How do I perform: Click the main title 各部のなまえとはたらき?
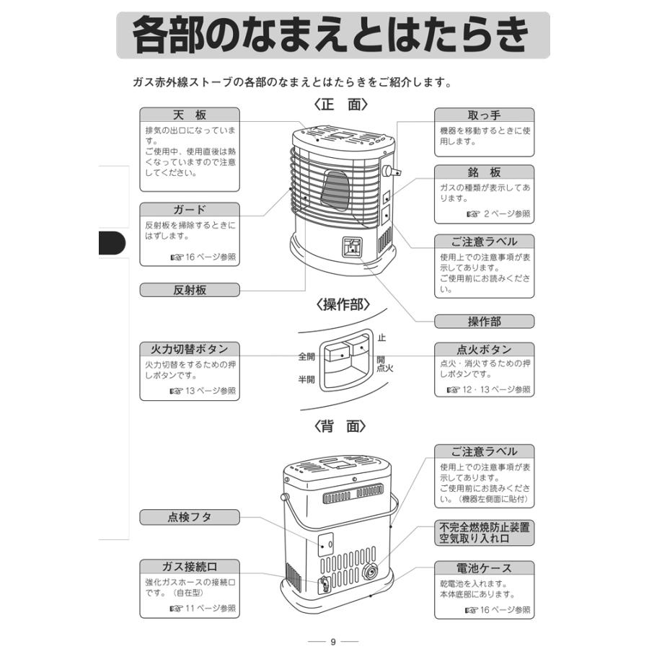click(x=332, y=35)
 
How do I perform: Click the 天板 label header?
click(x=189, y=115)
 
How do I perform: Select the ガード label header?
click(x=189, y=210)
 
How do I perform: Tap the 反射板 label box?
click(x=189, y=290)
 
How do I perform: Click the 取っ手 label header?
click(x=484, y=115)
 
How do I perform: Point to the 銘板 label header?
click(x=484, y=173)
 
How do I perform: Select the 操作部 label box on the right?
click(x=484, y=321)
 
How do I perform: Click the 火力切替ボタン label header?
click(x=189, y=350)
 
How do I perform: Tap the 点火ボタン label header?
click(x=484, y=350)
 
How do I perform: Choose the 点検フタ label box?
click(x=189, y=517)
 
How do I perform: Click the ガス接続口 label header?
click(x=189, y=567)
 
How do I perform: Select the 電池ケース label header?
click(x=484, y=568)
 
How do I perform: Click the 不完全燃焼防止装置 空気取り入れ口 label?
click(x=484, y=533)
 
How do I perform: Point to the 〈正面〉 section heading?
click(x=341, y=104)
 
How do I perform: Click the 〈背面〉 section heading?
click(x=341, y=425)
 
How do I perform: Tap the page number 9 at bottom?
click(x=332, y=641)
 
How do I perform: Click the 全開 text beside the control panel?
click(x=306, y=356)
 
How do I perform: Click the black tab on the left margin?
click(x=112, y=244)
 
